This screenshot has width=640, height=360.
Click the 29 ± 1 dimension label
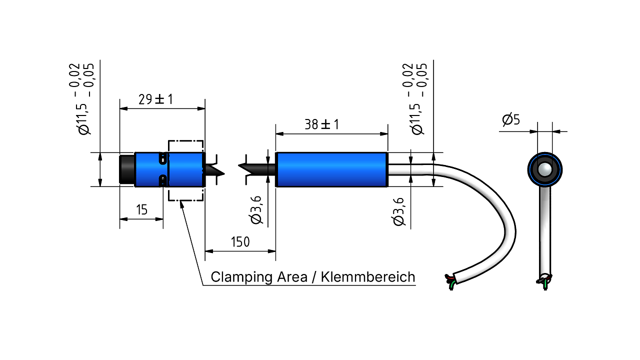pyautogui.click(x=155, y=99)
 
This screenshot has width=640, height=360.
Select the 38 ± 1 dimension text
pyautogui.click(x=321, y=124)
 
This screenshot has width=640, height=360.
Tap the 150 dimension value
pyautogui.click(x=240, y=242)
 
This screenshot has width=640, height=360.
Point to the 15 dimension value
pyautogui.click(x=141, y=209)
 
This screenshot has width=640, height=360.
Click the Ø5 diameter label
pyautogui.click(x=511, y=119)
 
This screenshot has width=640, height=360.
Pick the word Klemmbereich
pyautogui.click(x=368, y=277)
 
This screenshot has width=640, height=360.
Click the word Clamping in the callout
pyautogui.click(x=241, y=277)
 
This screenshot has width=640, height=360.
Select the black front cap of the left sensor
pyautogui.click(x=127, y=169)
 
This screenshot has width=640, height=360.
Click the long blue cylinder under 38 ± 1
pyautogui.click(x=331, y=169)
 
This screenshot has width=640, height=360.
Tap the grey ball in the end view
pyautogui.click(x=544, y=169)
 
